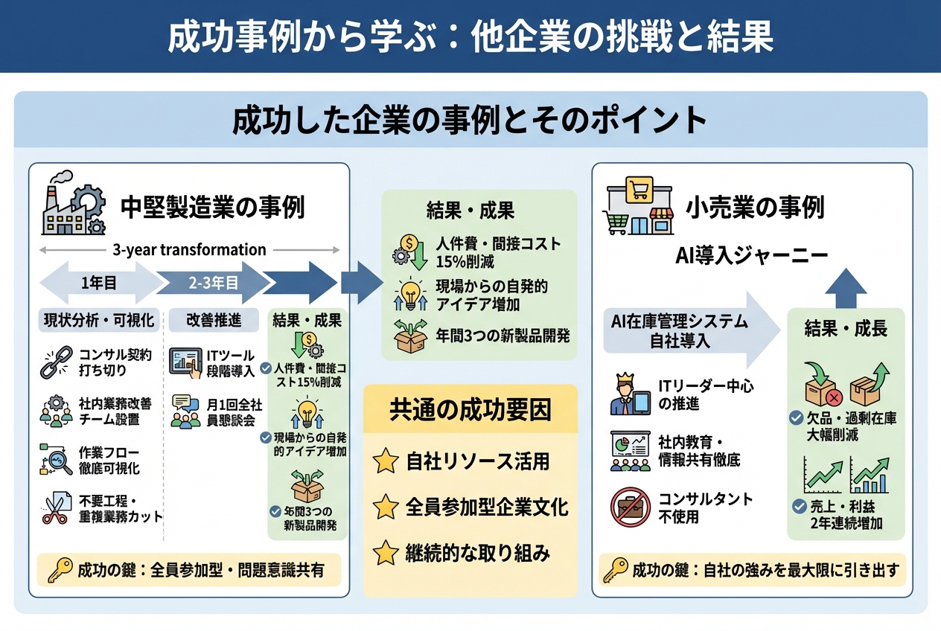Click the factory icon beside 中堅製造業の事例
(73, 204)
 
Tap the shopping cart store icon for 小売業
(637, 206)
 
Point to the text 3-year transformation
(189, 250)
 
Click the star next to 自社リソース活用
(386, 461)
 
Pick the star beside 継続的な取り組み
(386, 554)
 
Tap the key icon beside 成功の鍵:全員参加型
(59, 571)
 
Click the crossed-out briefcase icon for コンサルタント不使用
(629, 507)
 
